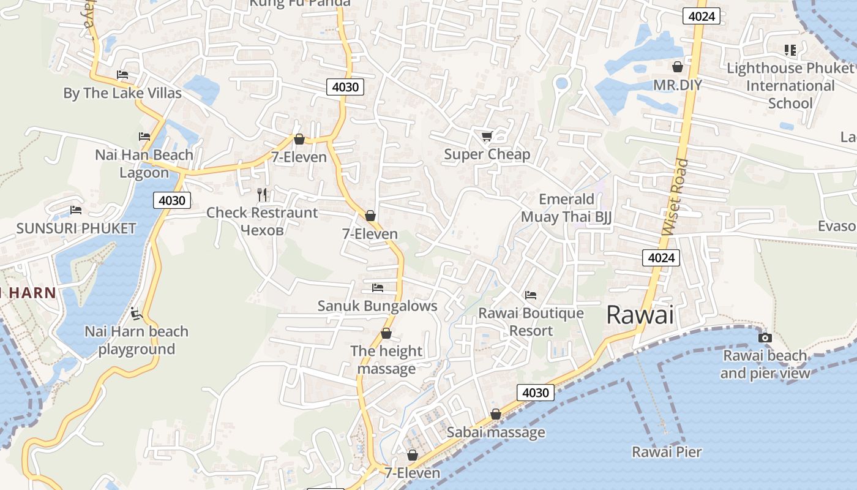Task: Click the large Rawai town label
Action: tap(640, 315)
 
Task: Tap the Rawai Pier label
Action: tap(667, 452)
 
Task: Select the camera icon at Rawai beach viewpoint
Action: tap(765, 337)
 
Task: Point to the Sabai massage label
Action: tap(495, 432)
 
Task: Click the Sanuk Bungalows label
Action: tap(377, 306)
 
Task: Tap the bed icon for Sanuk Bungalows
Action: tap(378, 287)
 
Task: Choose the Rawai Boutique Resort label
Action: tap(531, 322)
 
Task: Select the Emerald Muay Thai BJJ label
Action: tap(566, 208)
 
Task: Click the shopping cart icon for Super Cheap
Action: tap(487, 137)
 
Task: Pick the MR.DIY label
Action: tap(677, 85)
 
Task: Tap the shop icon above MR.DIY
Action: tap(678, 67)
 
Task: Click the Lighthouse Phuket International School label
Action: tap(790, 85)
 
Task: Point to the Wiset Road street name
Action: tap(675, 197)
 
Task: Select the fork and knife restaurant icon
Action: tap(262, 195)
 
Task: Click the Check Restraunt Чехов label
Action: tap(262, 221)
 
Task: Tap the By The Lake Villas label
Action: tap(122, 93)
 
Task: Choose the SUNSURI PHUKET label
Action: tap(76, 228)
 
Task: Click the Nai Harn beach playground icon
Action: tap(137, 314)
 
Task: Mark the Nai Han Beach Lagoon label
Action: tap(144, 164)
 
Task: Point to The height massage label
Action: tap(386, 360)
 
